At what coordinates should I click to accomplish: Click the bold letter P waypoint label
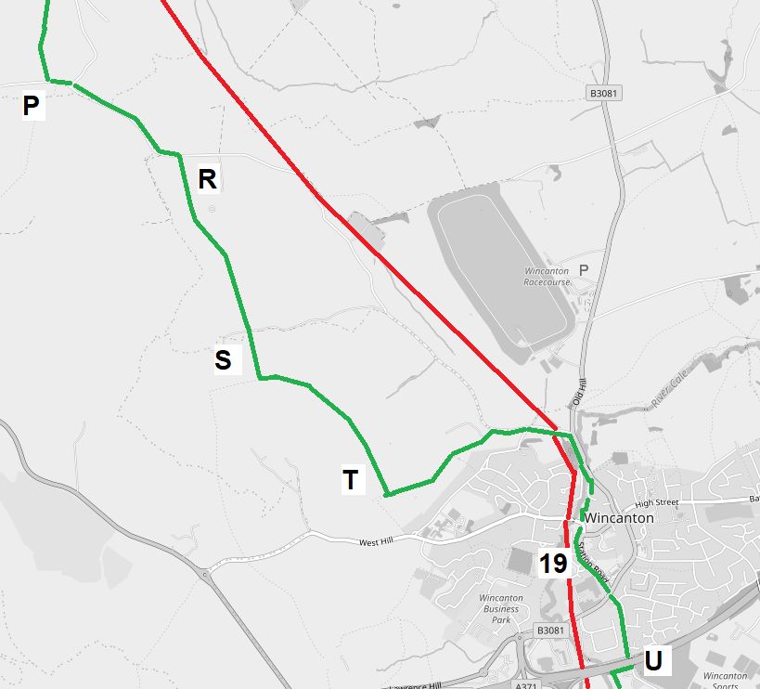[x=31, y=107]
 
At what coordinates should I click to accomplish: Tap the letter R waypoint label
[x=207, y=179]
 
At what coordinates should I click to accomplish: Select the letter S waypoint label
[x=223, y=359]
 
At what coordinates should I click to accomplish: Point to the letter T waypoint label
[x=351, y=480]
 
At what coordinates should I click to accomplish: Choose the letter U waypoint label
[x=653, y=661]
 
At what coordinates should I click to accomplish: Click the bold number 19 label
[x=553, y=563]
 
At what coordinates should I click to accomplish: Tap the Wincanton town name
[x=620, y=518]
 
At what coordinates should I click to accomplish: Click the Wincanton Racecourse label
[x=546, y=276]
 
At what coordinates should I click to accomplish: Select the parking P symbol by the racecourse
[x=584, y=270]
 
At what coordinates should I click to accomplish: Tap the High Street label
[x=657, y=502]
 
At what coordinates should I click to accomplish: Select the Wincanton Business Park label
[x=501, y=609]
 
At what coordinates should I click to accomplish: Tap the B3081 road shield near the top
[x=603, y=93]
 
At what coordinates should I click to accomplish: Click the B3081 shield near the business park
[x=549, y=630]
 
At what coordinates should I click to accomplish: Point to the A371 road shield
[x=526, y=685]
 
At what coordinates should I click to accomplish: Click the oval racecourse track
[x=501, y=269]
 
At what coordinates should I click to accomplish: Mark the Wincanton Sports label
[x=725, y=678]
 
